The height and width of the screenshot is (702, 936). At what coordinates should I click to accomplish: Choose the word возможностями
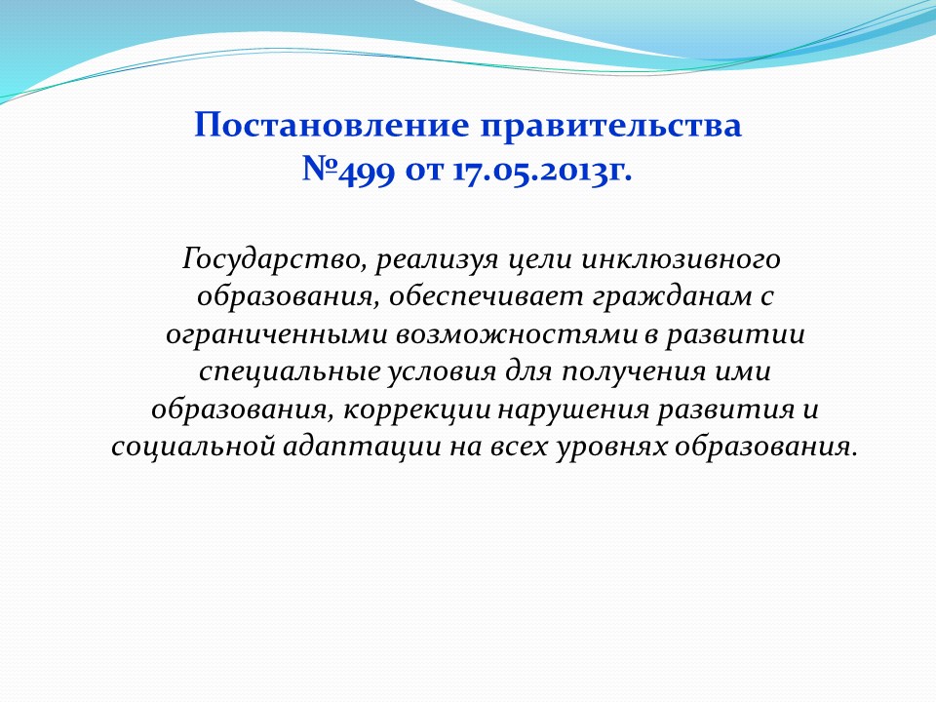pyautogui.click(x=516, y=334)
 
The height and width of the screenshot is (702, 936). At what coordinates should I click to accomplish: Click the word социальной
pyautogui.click(x=193, y=448)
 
